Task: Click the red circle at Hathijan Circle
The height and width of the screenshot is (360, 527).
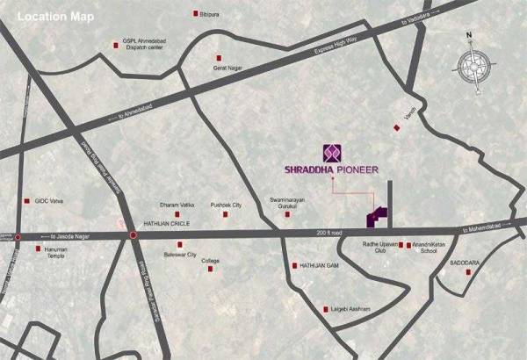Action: (x=132, y=236)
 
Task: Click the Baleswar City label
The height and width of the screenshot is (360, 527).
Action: (x=180, y=255)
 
